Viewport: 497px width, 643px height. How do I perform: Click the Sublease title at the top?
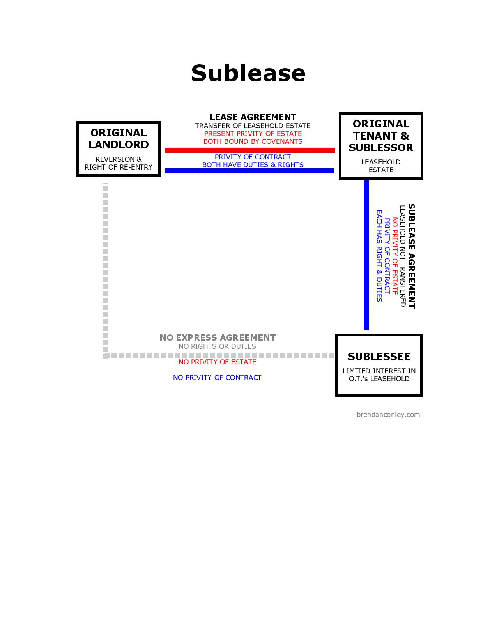pyautogui.click(x=248, y=73)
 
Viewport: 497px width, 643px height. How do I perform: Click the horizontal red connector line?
pyautogui.click(x=250, y=150)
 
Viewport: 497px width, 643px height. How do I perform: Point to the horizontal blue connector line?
pyautogui.click(x=249, y=171)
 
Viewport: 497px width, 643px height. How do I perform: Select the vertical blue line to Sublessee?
pyautogui.click(x=366, y=255)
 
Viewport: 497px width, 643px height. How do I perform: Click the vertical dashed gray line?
pyautogui.click(x=105, y=269)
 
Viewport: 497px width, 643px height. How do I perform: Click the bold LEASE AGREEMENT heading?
pyautogui.click(x=253, y=117)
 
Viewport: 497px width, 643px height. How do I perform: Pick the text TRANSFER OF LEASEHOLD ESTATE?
pyautogui.click(x=253, y=126)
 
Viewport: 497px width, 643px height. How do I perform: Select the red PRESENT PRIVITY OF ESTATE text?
pyautogui.click(x=253, y=134)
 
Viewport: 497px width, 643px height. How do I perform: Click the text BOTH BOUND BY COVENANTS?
pyautogui.click(x=253, y=141)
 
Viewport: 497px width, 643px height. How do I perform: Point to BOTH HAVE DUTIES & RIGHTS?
pyautogui.click(x=253, y=165)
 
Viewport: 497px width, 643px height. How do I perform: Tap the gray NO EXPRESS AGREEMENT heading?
pyautogui.click(x=218, y=337)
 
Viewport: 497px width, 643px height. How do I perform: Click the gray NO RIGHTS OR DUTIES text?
pyautogui.click(x=217, y=346)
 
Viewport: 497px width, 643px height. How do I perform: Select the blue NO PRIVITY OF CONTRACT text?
pyautogui.click(x=217, y=378)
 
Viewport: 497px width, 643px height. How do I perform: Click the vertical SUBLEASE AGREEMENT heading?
pyautogui.click(x=411, y=256)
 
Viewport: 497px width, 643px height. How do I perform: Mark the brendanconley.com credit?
pyautogui.click(x=388, y=415)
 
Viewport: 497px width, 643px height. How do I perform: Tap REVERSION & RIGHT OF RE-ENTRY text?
pyautogui.click(x=119, y=163)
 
